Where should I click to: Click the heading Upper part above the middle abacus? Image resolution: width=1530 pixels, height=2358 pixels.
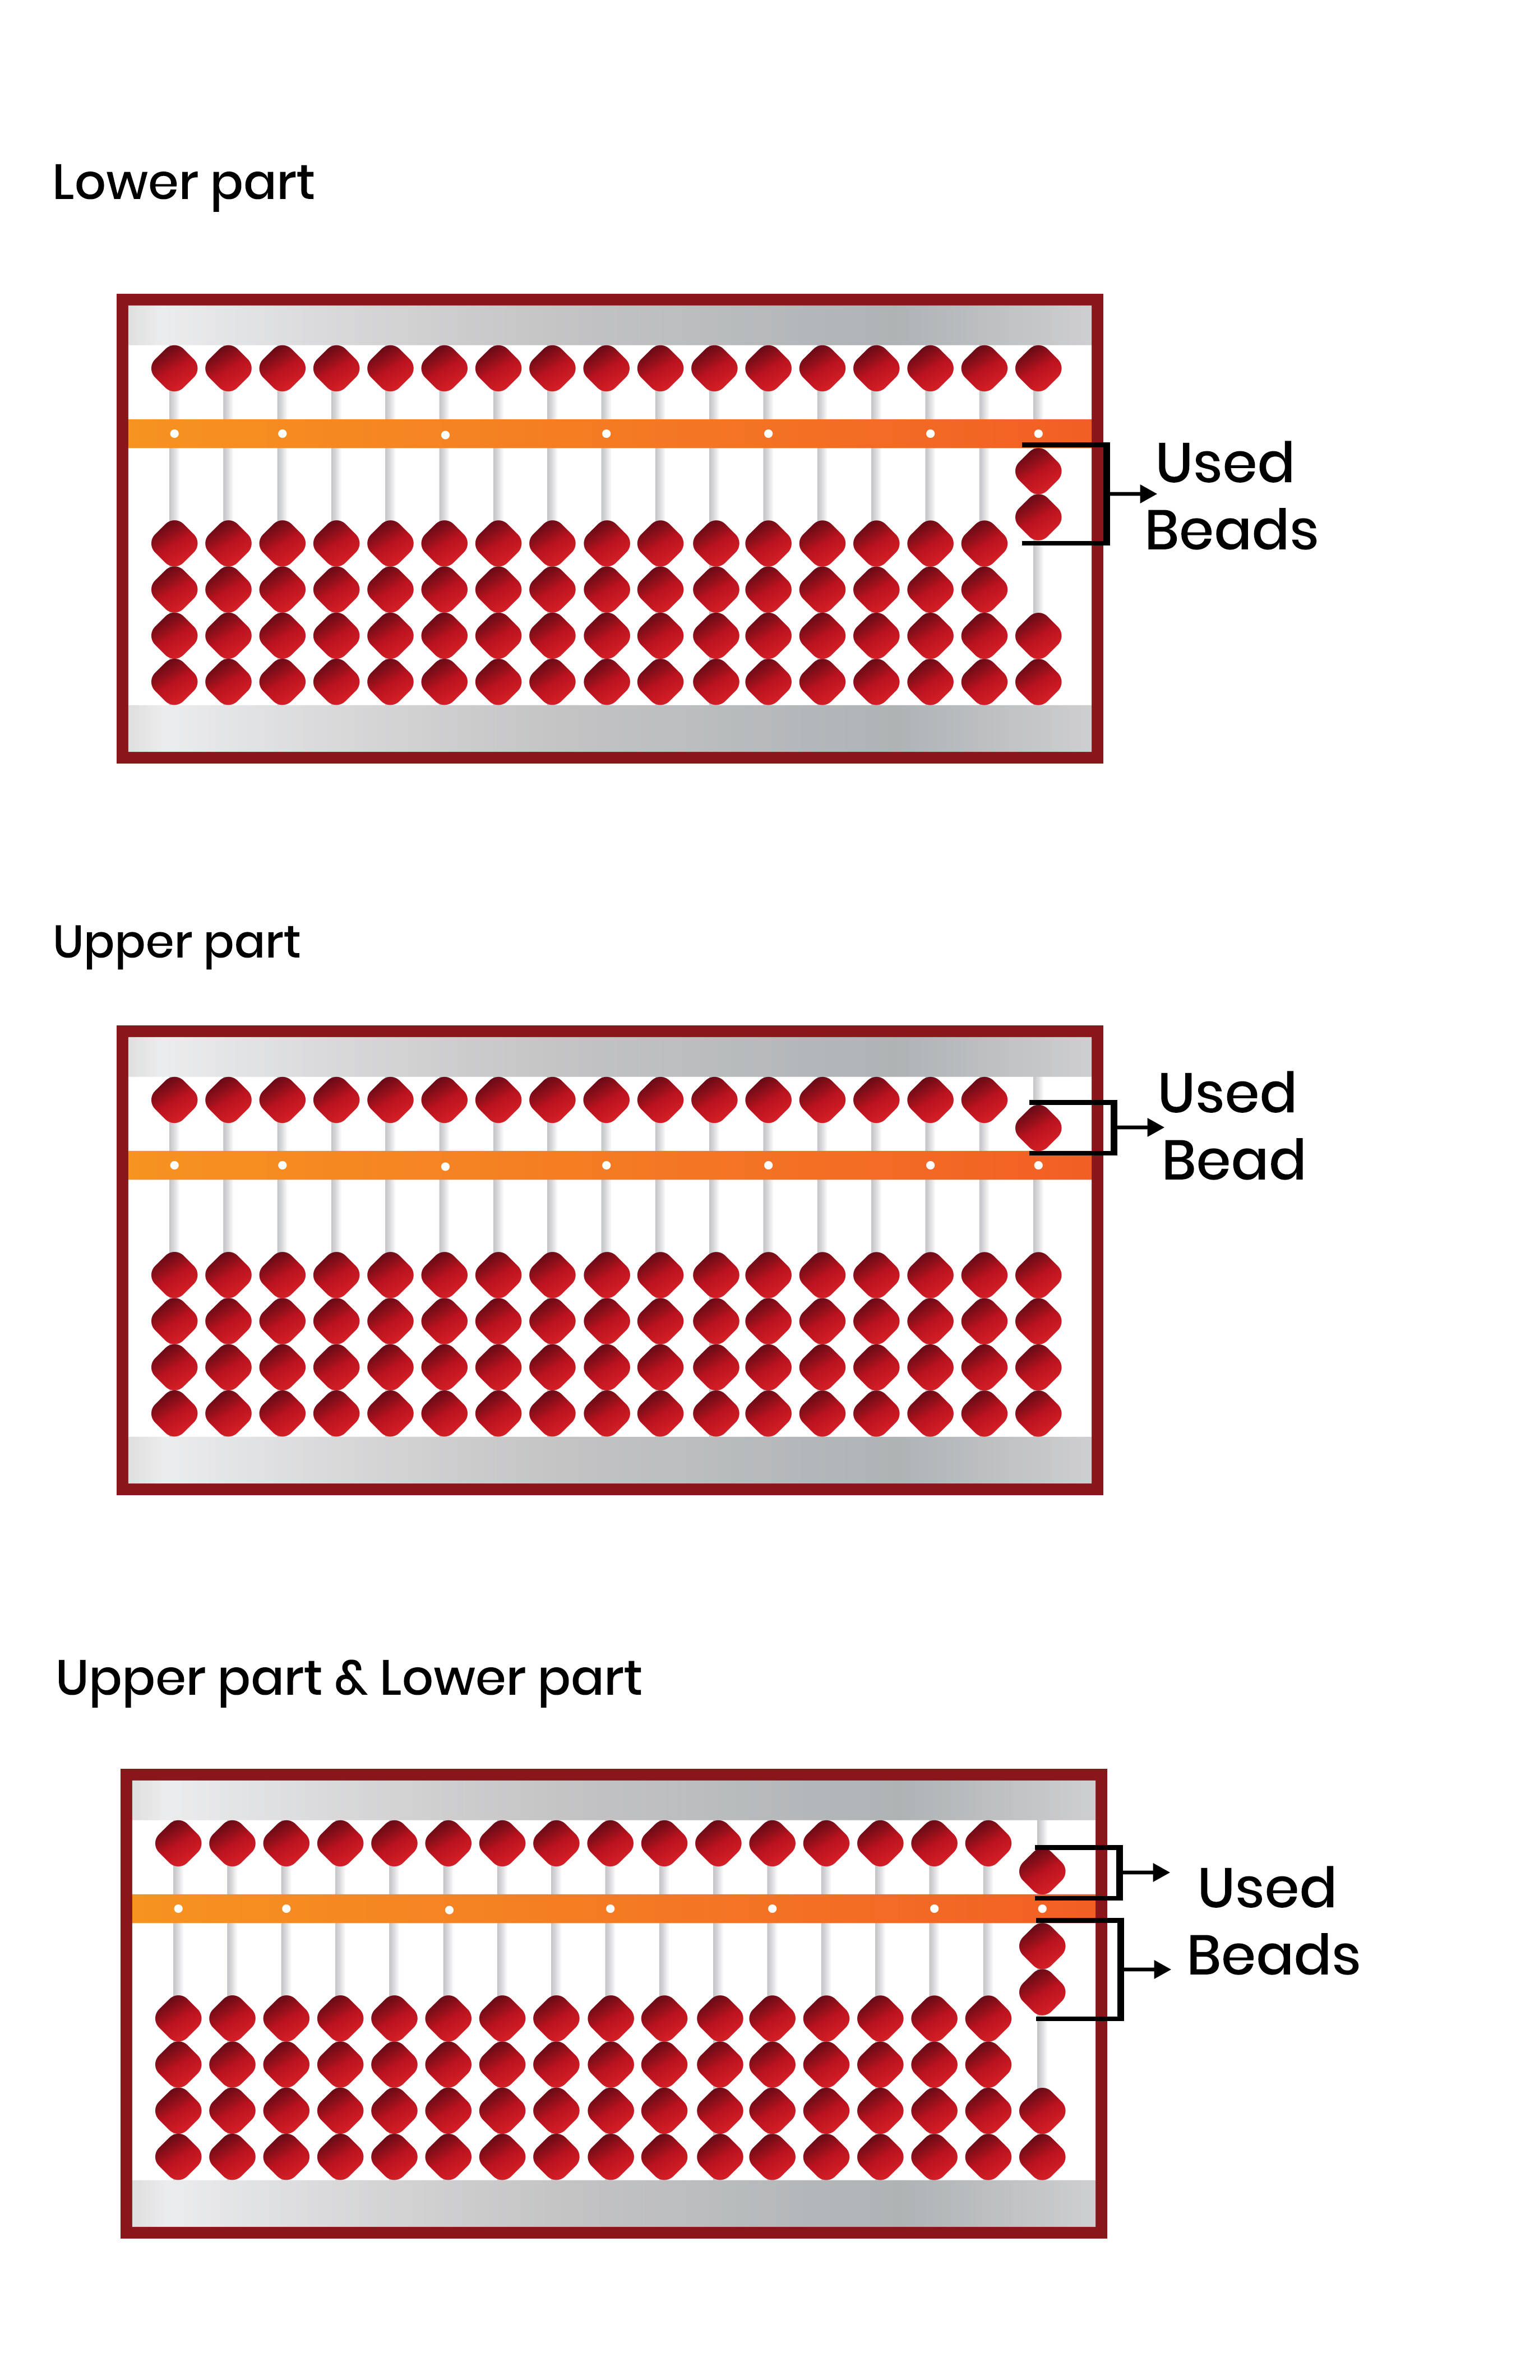coord(177,943)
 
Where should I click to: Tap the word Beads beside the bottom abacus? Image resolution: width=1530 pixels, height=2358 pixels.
coord(1273,1956)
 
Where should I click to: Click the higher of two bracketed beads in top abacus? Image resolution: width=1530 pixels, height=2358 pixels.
coord(1038,470)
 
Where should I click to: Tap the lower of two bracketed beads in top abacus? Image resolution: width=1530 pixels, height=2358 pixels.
coord(1038,516)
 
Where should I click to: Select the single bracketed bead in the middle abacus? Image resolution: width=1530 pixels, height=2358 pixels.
coord(1038,1126)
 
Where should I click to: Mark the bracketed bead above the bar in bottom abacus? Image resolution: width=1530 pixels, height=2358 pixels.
coord(1042,1871)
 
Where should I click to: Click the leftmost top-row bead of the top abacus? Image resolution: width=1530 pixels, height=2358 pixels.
coord(174,368)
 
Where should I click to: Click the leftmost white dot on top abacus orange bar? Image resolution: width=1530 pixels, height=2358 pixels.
coord(174,434)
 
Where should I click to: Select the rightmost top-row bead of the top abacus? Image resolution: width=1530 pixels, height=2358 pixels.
coord(1038,368)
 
